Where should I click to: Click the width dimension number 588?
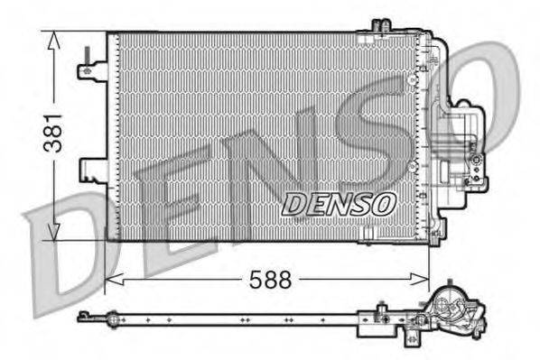tap(271, 281)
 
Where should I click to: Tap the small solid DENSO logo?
tap(339, 205)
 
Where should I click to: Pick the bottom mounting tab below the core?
tap(366, 236)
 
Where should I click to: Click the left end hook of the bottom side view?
tap(83, 314)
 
